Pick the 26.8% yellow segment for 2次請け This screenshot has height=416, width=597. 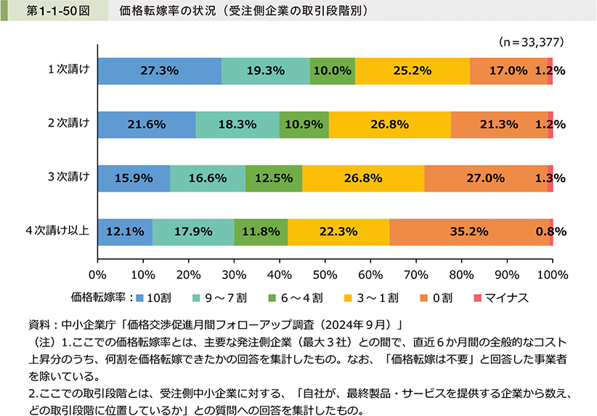point(390,125)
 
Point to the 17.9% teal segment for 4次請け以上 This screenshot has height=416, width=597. point(193,232)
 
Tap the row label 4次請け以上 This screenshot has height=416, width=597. point(57,231)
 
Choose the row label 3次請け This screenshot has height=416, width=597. point(68,177)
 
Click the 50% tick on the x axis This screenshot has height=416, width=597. point(325,275)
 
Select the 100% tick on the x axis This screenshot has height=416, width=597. point(552,275)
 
